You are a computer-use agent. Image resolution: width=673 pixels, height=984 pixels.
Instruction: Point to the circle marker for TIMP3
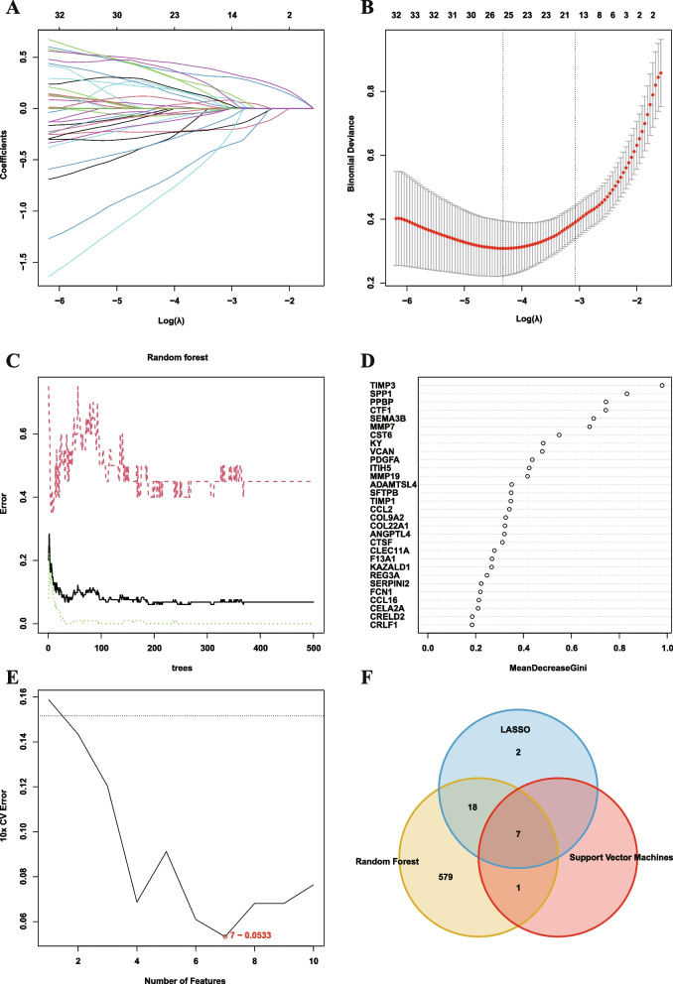tap(662, 385)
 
